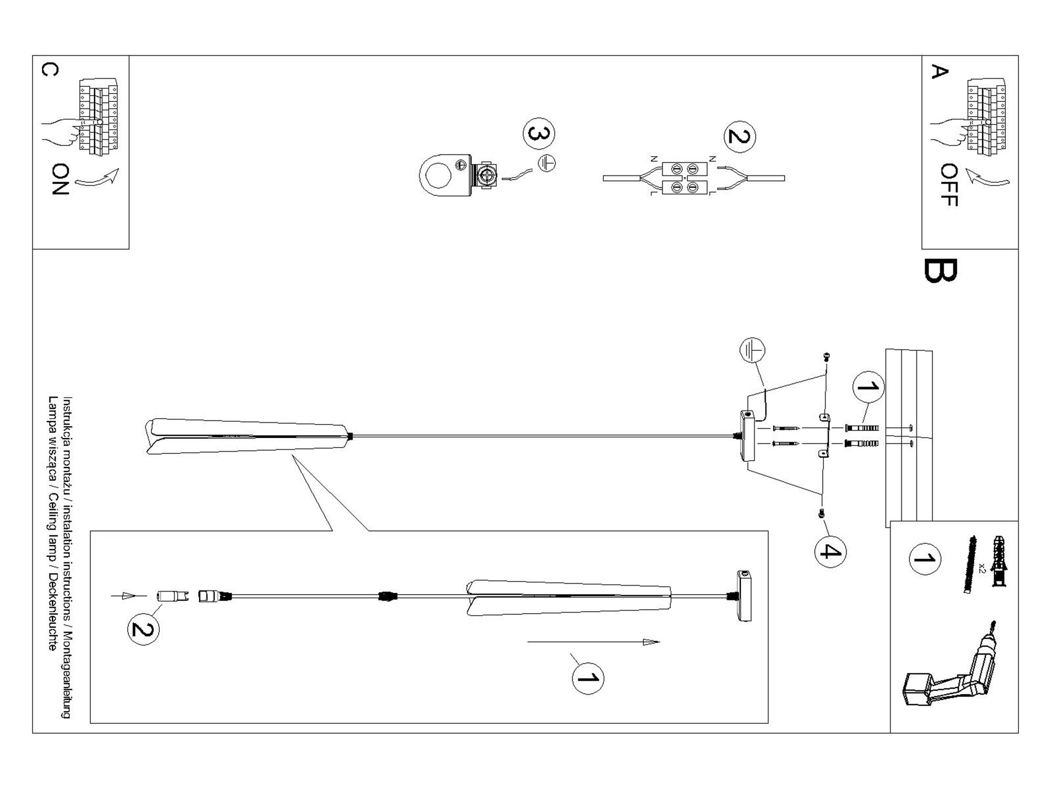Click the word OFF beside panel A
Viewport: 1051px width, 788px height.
tap(949, 185)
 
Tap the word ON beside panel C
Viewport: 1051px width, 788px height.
tap(61, 179)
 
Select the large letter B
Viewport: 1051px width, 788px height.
tap(940, 271)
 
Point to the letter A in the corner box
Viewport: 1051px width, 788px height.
tap(939, 71)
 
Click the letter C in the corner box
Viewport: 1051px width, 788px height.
tap(49, 70)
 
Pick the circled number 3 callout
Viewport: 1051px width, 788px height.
tap(539, 133)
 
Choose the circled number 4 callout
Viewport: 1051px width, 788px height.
tap(830, 552)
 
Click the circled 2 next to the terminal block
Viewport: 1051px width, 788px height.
tap(739, 137)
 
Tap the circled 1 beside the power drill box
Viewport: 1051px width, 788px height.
tap(924, 559)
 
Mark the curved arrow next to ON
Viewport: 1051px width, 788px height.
tap(98, 178)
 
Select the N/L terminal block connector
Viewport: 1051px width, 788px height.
tap(684, 178)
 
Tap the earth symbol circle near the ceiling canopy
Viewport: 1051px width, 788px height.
tap(752, 350)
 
